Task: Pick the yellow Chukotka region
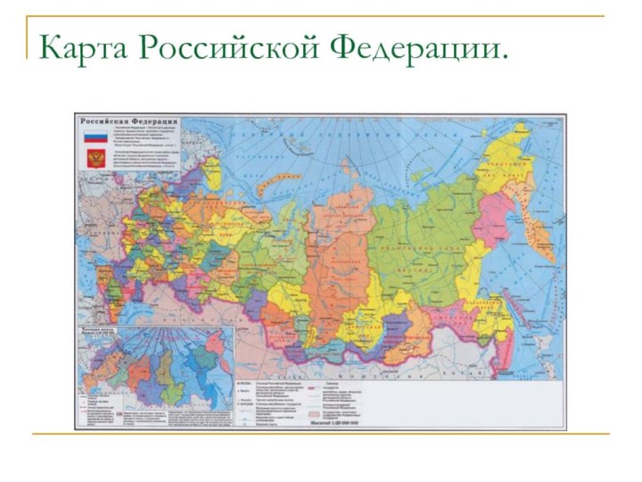(x=526, y=161)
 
